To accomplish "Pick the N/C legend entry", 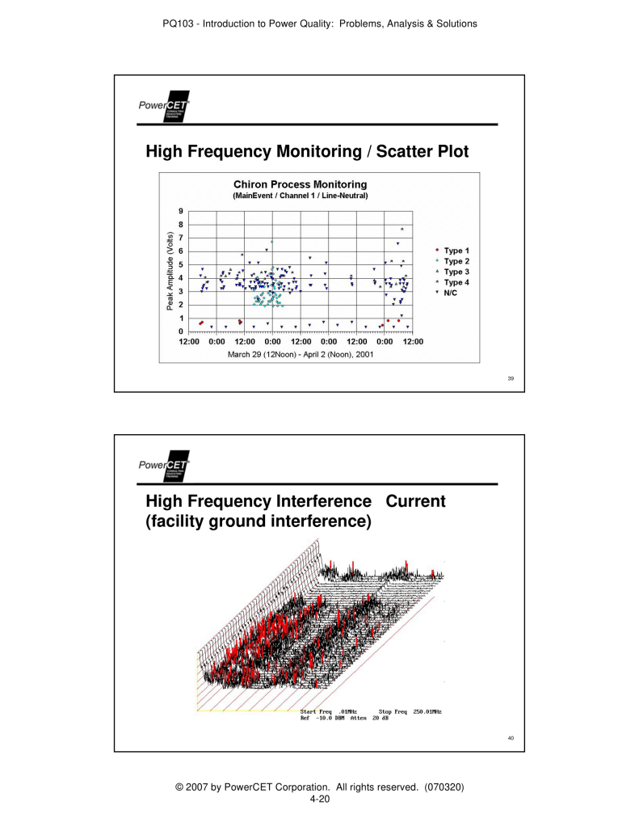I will coord(450,293).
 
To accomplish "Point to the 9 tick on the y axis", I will coord(181,211).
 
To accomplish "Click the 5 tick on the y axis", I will coord(181,264).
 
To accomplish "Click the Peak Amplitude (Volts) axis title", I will coord(170,271).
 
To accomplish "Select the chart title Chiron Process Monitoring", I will coord(300,184).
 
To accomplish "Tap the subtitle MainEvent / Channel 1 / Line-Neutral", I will coord(300,195).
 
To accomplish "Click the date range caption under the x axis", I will coord(300,355).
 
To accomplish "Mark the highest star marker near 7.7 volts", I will coord(401,229).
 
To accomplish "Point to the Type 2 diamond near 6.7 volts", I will coord(272,242).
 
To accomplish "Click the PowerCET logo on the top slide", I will coord(163,106).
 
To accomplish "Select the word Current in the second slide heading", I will coord(416,501).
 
